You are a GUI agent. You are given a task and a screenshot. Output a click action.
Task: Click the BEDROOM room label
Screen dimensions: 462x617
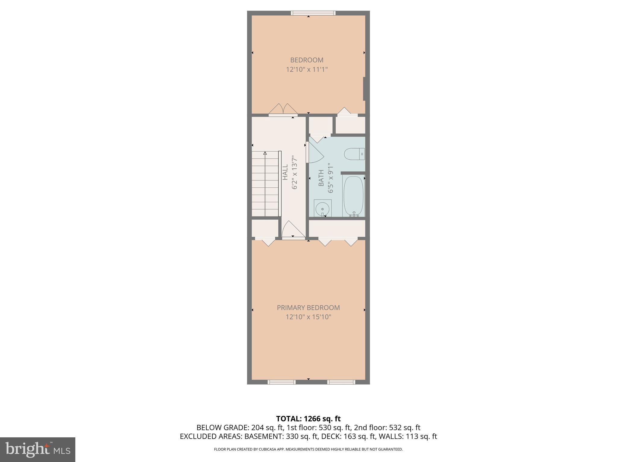pyautogui.click(x=307, y=60)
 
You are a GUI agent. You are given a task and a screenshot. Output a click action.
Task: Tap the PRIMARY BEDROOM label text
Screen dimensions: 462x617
pyautogui.click(x=308, y=307)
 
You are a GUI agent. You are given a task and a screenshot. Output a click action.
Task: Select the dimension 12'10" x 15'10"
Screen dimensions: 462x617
pyautogui.click(x=308, y=317)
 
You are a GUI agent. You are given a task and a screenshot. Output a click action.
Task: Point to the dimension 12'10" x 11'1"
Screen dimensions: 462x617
pyautogui.click(x=307, y=69)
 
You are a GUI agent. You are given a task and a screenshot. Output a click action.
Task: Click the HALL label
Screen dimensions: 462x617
pyautogui.click(x=285, y=172)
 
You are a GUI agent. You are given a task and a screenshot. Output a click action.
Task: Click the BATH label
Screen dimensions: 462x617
pyautogui.click(x=321, y=178)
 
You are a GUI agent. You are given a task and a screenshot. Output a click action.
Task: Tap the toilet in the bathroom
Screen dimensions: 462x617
pyautogui.click(x=354, y=154)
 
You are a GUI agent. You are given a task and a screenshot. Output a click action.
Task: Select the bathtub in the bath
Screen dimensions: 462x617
pyautogui.click(x=354, y=196)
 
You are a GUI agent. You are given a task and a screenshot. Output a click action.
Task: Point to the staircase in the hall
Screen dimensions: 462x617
pyautogui.click(x=265, y=183)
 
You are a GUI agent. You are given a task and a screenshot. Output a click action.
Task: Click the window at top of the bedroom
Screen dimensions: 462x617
pyautogui.click(x=313, y=13)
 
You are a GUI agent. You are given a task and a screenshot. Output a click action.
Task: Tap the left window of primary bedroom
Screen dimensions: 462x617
pyautogui.click(x=281, y=382)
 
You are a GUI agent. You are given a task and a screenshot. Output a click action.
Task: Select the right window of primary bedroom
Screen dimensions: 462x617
pyautogui.click(x=341, y=382)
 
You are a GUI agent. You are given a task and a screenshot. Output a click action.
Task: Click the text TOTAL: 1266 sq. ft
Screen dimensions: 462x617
pyautogui.click(x=308, y=418)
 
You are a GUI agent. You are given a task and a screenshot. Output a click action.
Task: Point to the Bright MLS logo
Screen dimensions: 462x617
pyautogui.click(x=37, y=449)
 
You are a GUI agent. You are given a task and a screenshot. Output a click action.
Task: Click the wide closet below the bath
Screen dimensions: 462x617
pyautogui.click(x=337, y=229)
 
